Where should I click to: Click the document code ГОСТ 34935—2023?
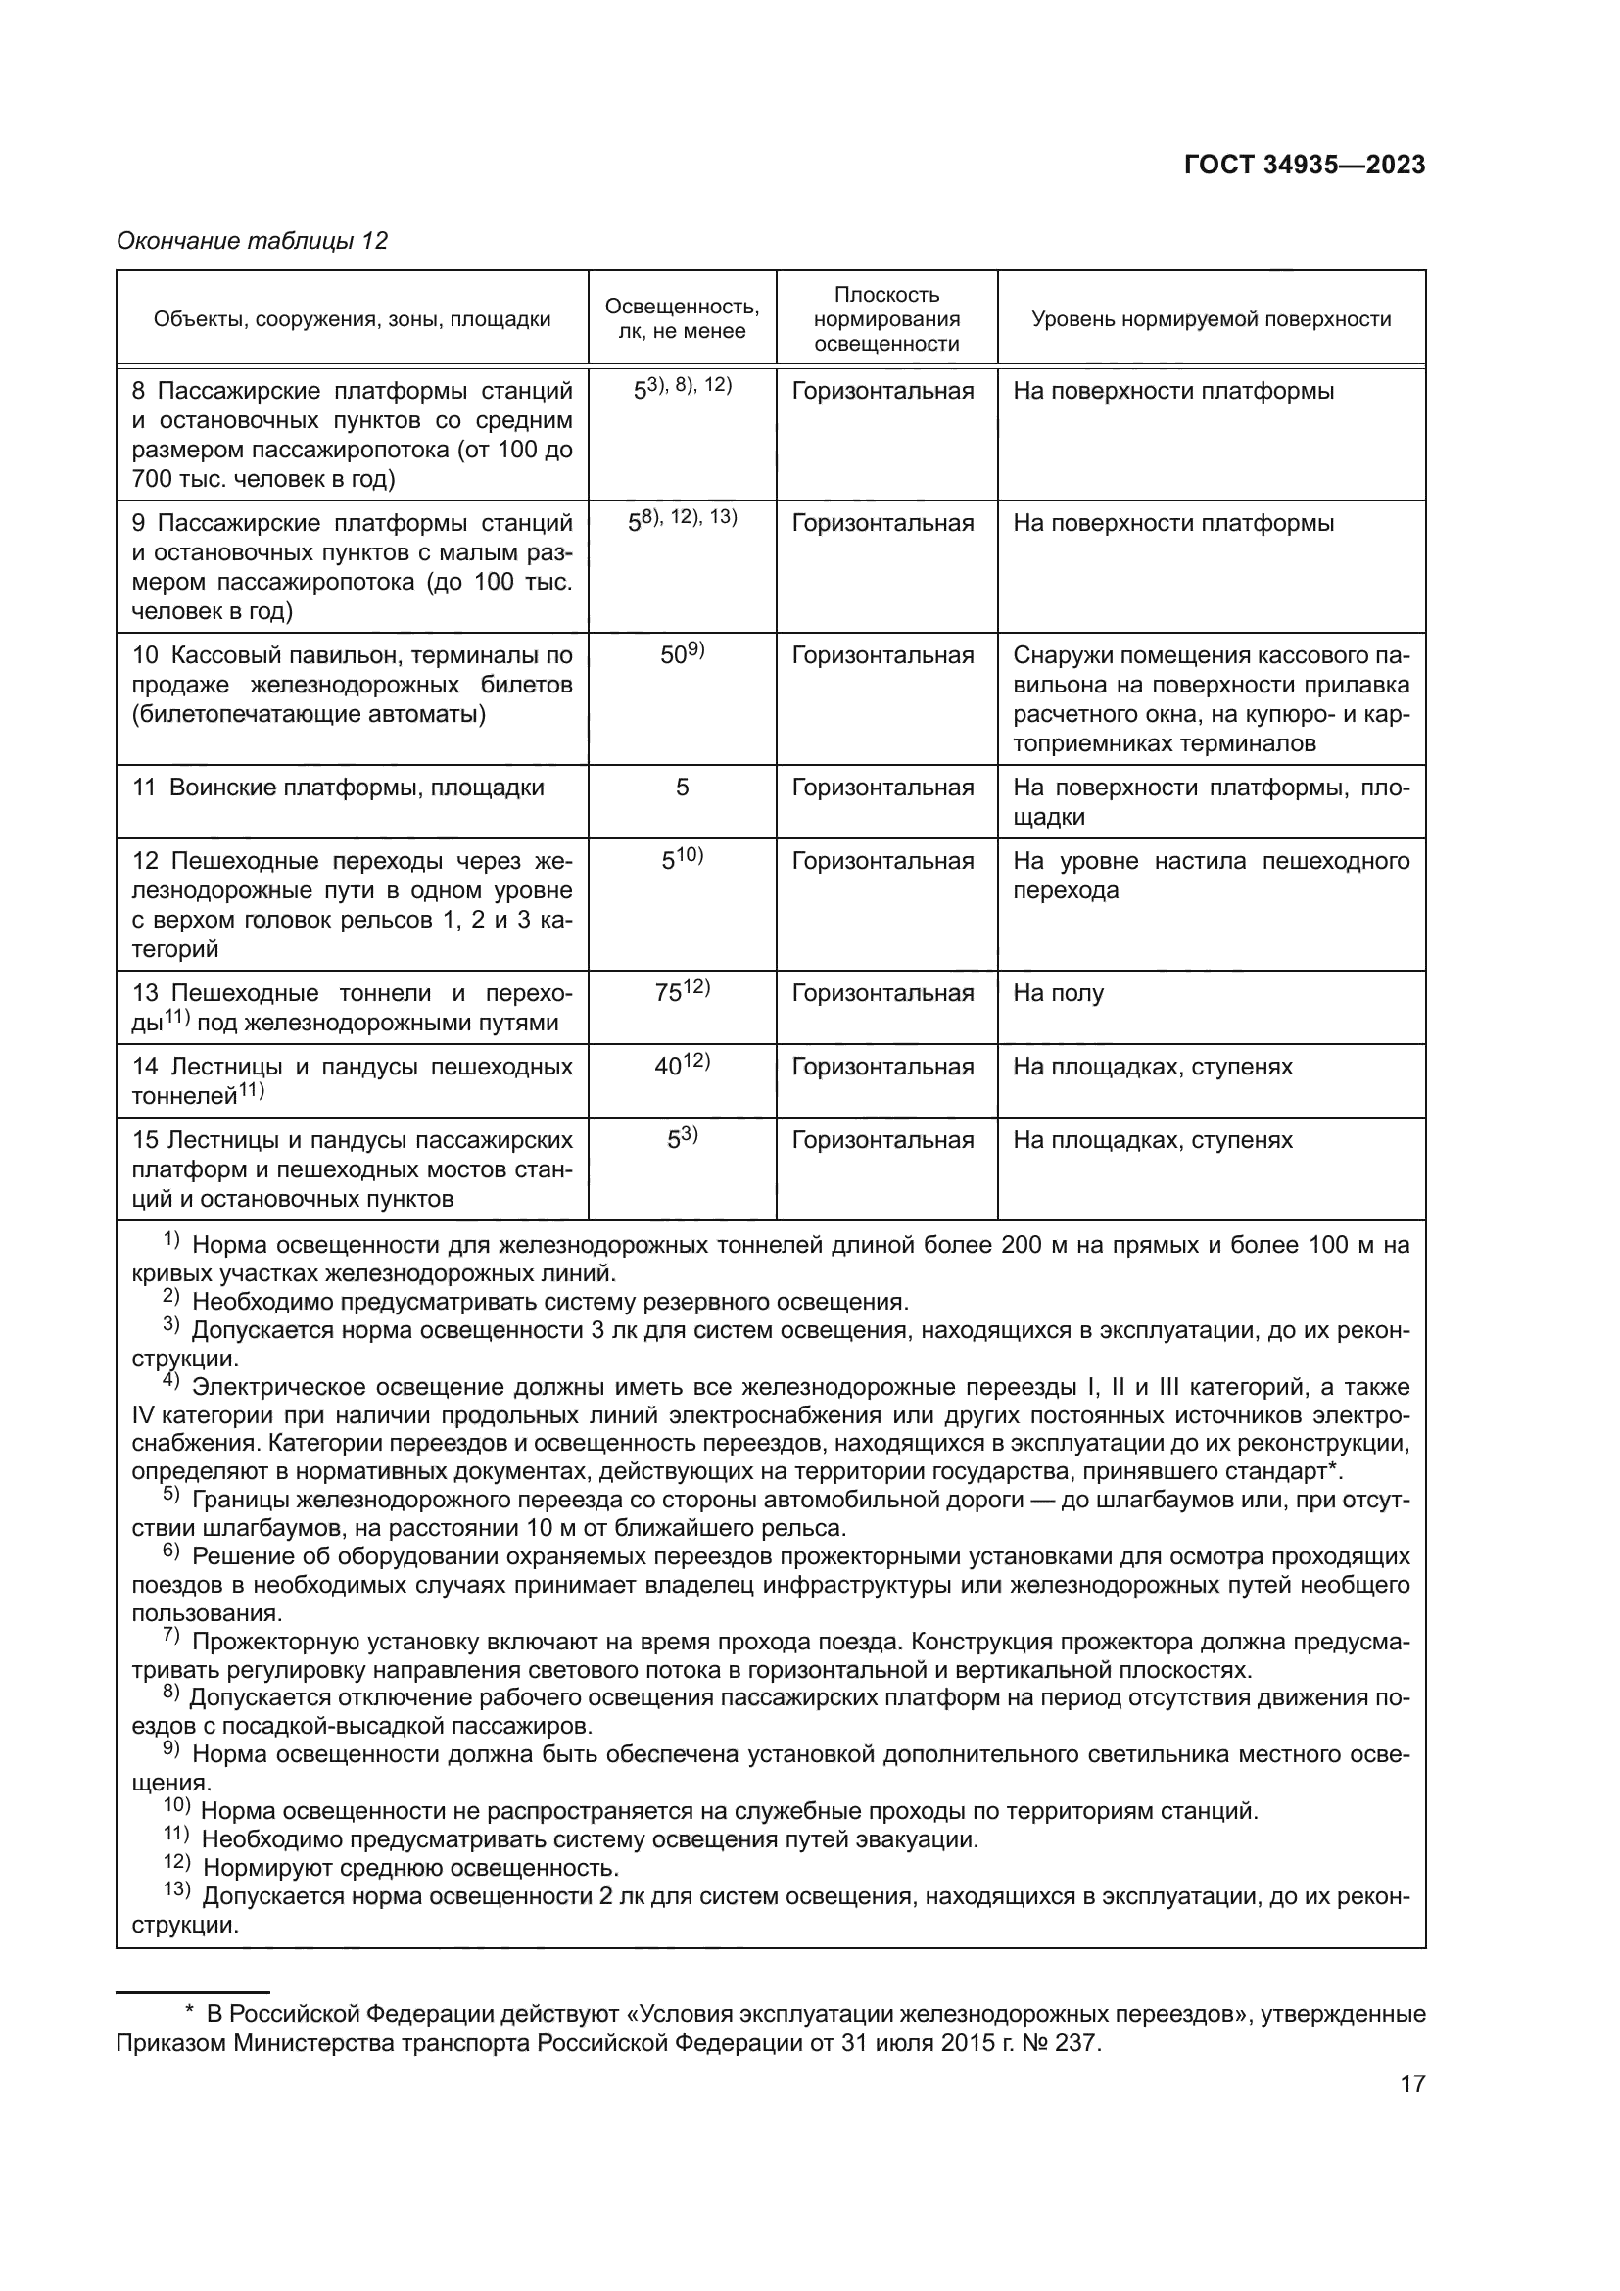point(1304,166)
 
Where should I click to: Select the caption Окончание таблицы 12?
point(252,241)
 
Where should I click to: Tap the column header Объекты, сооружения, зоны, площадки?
point(353,319)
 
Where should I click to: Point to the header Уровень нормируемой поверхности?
point(1211,319)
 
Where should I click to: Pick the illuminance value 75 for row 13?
point(669,994)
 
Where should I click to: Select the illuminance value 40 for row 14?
point(668,1067)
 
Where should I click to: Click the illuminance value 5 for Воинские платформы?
point(683,788)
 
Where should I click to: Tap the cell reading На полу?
point(1059,994)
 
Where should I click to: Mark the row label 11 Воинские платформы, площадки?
point(338,788)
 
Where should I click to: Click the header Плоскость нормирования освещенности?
point(886,319)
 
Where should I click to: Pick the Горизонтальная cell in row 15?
point(882,1140)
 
